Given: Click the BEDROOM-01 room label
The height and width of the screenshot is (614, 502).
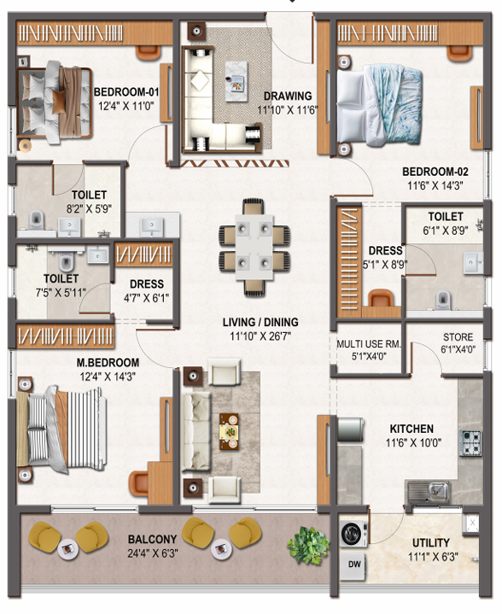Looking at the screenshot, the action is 126,92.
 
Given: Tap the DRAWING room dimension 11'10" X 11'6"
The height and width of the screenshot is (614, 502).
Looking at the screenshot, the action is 287,110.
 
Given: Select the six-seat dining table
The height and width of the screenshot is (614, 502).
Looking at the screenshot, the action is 254,247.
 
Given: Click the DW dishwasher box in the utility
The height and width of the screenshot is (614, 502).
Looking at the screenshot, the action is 354,564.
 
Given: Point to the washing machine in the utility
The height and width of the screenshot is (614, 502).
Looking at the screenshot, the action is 353,534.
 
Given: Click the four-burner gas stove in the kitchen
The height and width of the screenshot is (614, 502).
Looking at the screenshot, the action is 470,443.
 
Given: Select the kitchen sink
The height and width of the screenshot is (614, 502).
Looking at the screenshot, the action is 429,491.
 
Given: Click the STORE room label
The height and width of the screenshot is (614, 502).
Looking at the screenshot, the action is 458,337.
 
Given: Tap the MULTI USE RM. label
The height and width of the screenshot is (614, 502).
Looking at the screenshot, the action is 369,344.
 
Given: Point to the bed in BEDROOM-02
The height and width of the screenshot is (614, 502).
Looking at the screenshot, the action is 379,106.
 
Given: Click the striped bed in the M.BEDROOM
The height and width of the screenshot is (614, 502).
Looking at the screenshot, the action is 61,430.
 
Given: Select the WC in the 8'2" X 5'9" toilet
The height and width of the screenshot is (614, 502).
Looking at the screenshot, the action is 37,220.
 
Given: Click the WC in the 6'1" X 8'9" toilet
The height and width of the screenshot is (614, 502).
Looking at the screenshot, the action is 442,301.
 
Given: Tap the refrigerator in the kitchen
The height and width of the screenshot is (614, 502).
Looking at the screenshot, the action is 350,430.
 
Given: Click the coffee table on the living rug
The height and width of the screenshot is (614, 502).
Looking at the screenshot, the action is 229,431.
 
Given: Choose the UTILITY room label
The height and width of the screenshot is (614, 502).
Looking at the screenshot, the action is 431,543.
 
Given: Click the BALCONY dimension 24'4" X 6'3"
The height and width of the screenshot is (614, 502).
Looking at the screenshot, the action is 152,553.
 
